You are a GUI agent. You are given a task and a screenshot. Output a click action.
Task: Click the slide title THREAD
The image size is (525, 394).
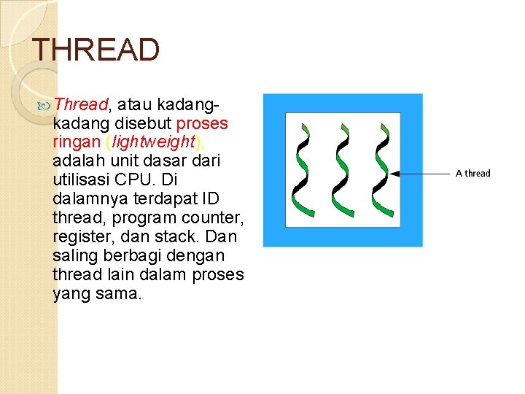click(x=96, y=50)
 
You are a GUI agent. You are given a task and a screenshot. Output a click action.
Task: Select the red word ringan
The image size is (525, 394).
click(x=77, y=142)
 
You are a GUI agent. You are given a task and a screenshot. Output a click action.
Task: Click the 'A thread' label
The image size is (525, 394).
click(x=472, y=174)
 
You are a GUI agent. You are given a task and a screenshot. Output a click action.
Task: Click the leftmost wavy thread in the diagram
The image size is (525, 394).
click(x=300, y=169)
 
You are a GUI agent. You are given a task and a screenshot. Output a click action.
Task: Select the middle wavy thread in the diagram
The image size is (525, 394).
click(x=339, y=169)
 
